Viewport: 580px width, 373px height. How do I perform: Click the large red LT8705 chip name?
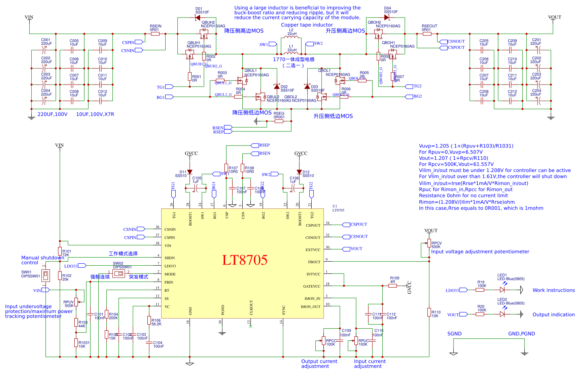coord(245,260)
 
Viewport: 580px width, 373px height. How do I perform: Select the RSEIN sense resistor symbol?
coord(155,34)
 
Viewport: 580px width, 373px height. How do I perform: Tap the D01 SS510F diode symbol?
coord(198,18)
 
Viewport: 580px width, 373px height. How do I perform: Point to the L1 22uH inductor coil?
coord(291,54)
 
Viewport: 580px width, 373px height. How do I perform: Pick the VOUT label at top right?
coord(554,17)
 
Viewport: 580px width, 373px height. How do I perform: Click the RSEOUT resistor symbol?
coord(427,34)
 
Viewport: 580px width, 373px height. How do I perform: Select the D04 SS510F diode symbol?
coord(387,17)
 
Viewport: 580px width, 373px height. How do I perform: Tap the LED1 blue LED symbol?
coord(502,290)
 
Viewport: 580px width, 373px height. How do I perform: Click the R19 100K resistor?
coord(480,290)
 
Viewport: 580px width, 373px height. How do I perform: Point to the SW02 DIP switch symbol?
coord(119,273)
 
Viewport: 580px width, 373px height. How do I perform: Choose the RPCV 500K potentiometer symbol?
coord(429,243)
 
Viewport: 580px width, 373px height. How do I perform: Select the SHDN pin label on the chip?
coord(170,258)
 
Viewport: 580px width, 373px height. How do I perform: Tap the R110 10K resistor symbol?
coord(429,312)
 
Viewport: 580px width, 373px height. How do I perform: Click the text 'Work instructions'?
coord(554,291)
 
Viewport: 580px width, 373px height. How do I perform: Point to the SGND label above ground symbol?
coord(454,334)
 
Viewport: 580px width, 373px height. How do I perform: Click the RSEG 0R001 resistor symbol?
coord(279,121)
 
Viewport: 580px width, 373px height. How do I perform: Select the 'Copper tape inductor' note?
coord(307,25)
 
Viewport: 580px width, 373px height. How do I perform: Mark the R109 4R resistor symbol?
coord(392,286)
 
